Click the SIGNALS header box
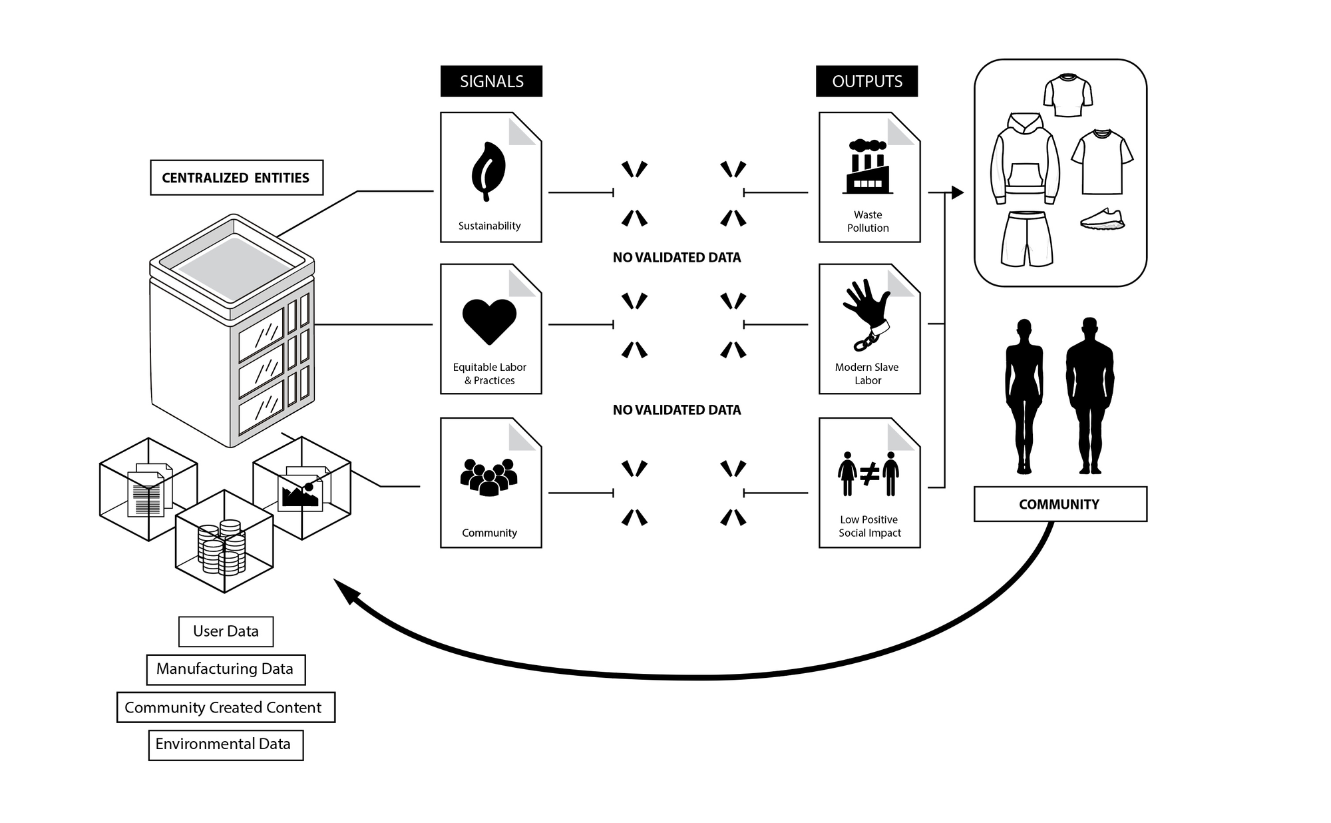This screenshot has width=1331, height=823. pos(491,81)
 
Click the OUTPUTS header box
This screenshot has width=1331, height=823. pos(866,81)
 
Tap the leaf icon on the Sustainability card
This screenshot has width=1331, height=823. pos(488,170)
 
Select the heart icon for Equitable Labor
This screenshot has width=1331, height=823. pos(489,322)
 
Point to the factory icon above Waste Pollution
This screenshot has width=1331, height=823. pos(868,167)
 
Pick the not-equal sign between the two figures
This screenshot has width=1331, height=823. pos(869,474)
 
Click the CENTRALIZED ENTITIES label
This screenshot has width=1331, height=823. pos(236,178)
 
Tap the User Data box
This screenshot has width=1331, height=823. pos(226,631)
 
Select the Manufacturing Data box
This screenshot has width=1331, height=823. pos(226,669)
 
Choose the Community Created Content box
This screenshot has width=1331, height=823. pos(226,707)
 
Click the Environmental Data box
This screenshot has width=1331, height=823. pos(226,744)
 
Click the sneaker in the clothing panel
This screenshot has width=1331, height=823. pos(1102,218)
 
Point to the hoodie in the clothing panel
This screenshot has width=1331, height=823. pos(1025,160)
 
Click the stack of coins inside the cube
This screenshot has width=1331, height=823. pos(222,547)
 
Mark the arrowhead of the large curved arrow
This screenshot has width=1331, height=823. pos(345,590)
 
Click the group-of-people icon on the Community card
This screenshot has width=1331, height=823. pos(489,477)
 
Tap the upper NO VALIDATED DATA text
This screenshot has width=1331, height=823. pos(676,258)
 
